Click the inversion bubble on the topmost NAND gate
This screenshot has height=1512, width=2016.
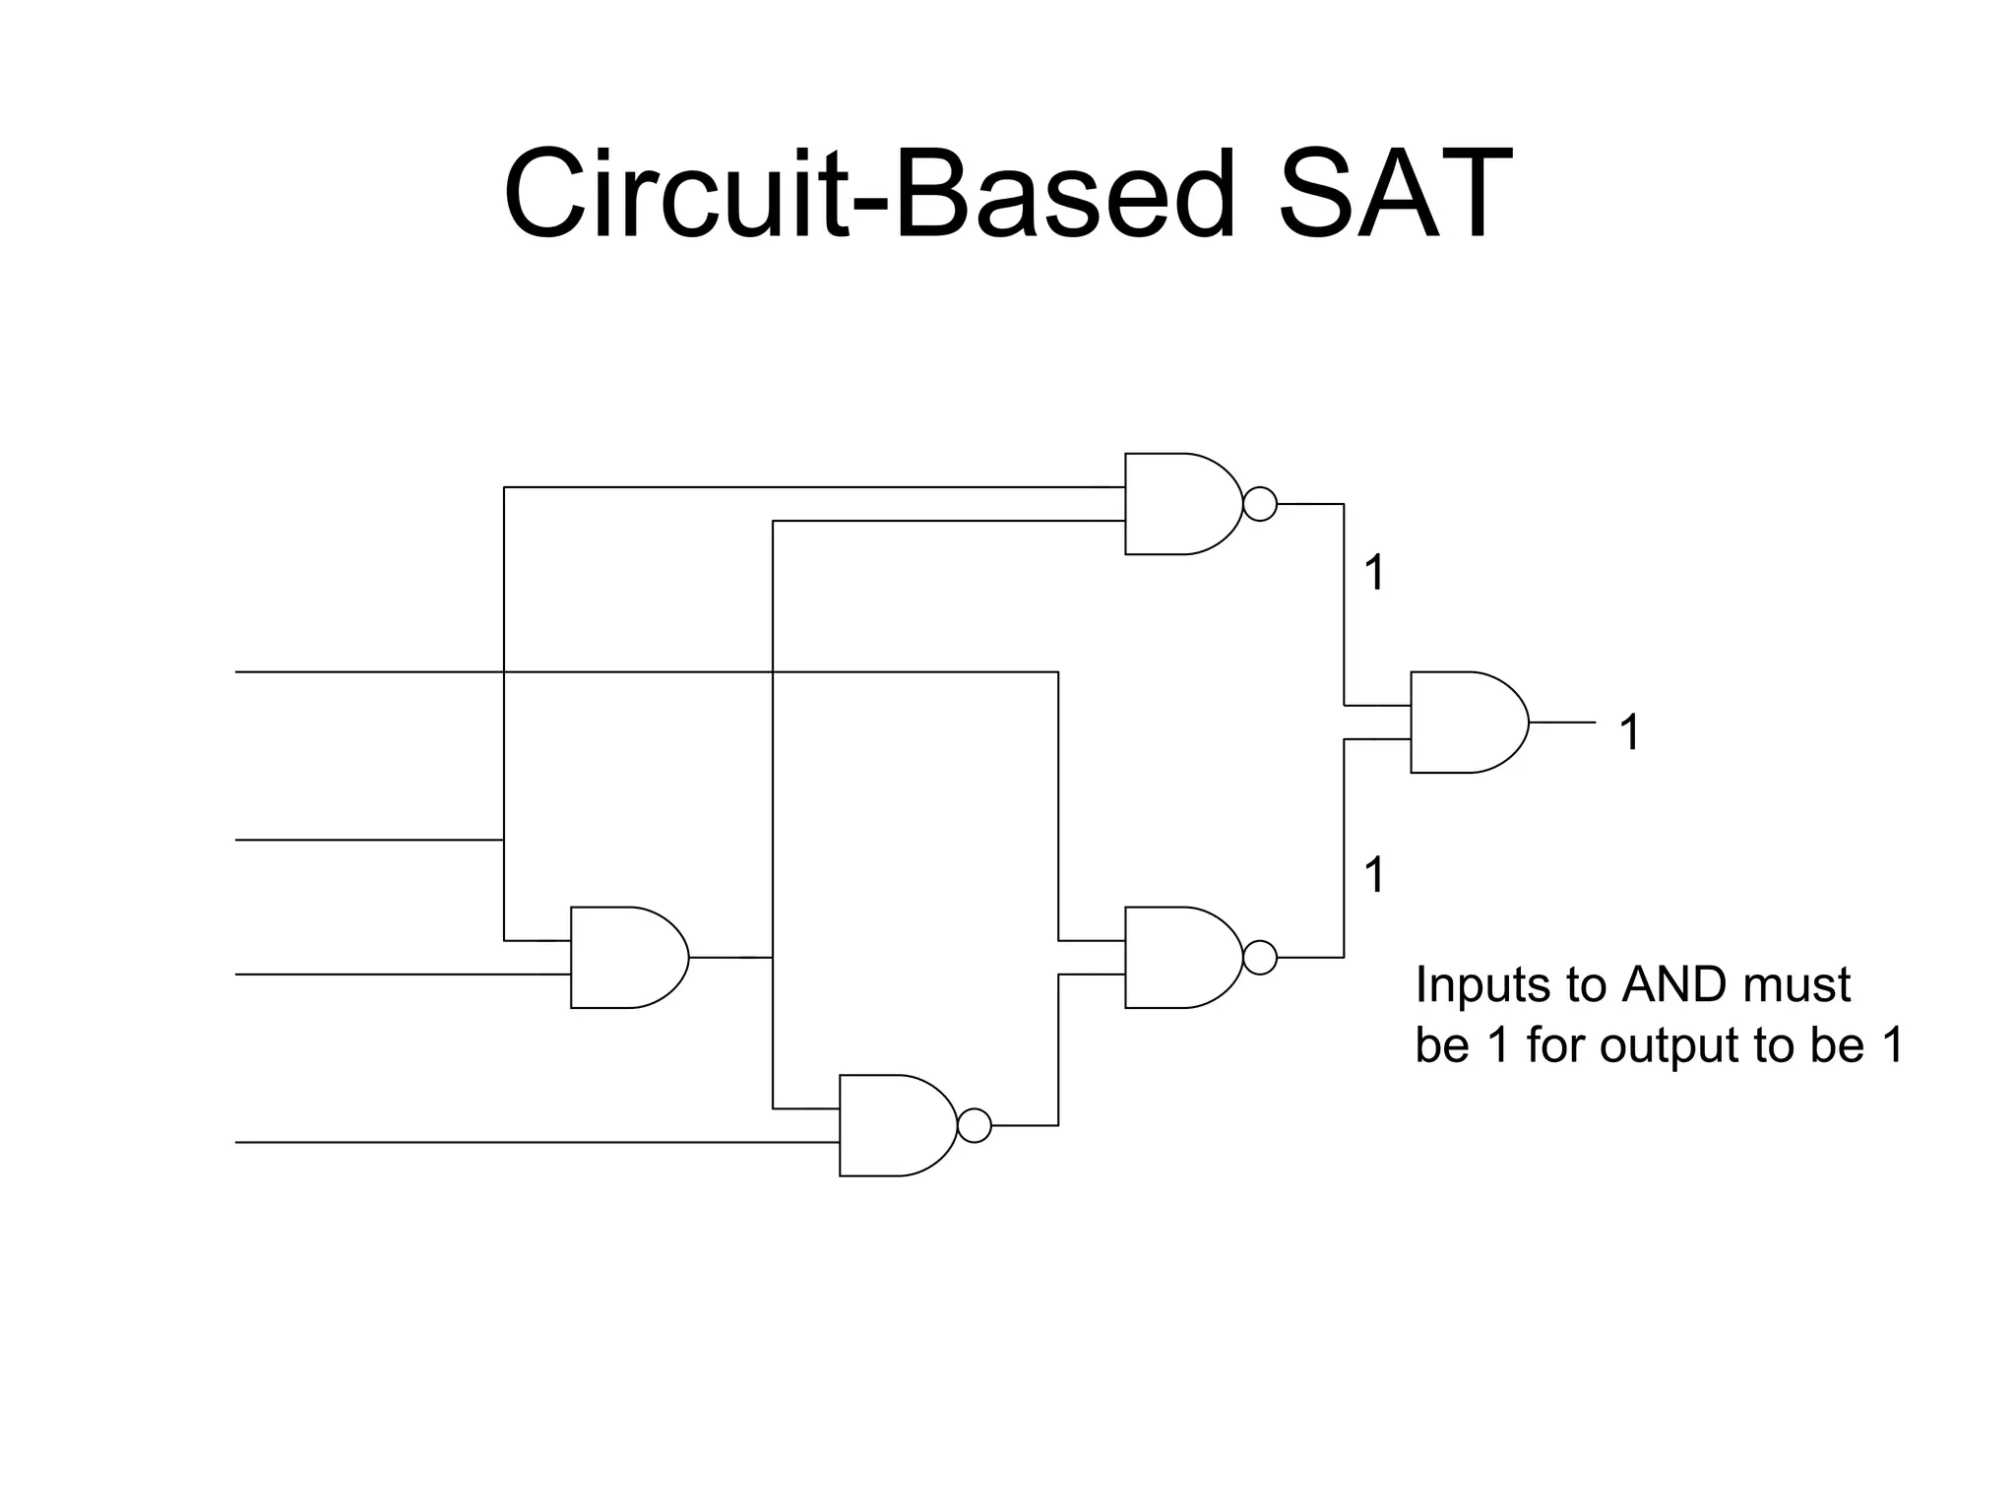[1260, 504]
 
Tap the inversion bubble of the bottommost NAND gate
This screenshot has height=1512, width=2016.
[975, 1125]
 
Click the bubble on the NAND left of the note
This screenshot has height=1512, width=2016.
[1260, 957]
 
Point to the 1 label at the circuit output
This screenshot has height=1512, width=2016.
[1629, 732]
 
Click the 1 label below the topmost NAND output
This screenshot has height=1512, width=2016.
[1374, 573]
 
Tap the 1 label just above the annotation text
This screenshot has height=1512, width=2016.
[1374, 874]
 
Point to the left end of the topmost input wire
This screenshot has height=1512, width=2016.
[238, 672]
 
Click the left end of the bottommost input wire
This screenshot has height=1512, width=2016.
[238, 1142]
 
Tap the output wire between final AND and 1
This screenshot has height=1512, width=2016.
[1562, 723]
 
